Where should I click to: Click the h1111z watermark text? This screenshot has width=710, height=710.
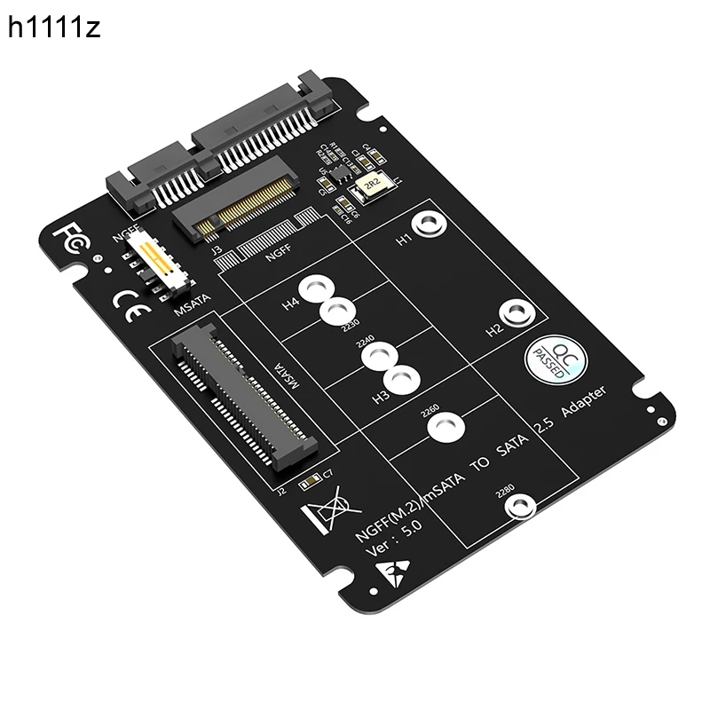pos(55,29)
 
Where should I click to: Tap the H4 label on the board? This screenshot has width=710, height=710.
pos(290,304)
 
